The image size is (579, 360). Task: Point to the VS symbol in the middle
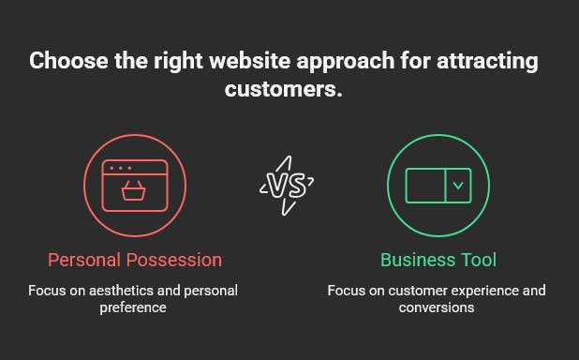287,184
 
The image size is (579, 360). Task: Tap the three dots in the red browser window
119,168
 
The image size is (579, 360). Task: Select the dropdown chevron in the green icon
458,185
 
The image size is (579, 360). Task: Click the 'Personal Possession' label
135,260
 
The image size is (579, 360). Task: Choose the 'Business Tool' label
438,260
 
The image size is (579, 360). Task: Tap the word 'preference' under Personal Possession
134,307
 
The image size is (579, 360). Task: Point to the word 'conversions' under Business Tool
437,307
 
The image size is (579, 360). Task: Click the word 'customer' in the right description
395,291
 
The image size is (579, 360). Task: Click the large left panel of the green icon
425,185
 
